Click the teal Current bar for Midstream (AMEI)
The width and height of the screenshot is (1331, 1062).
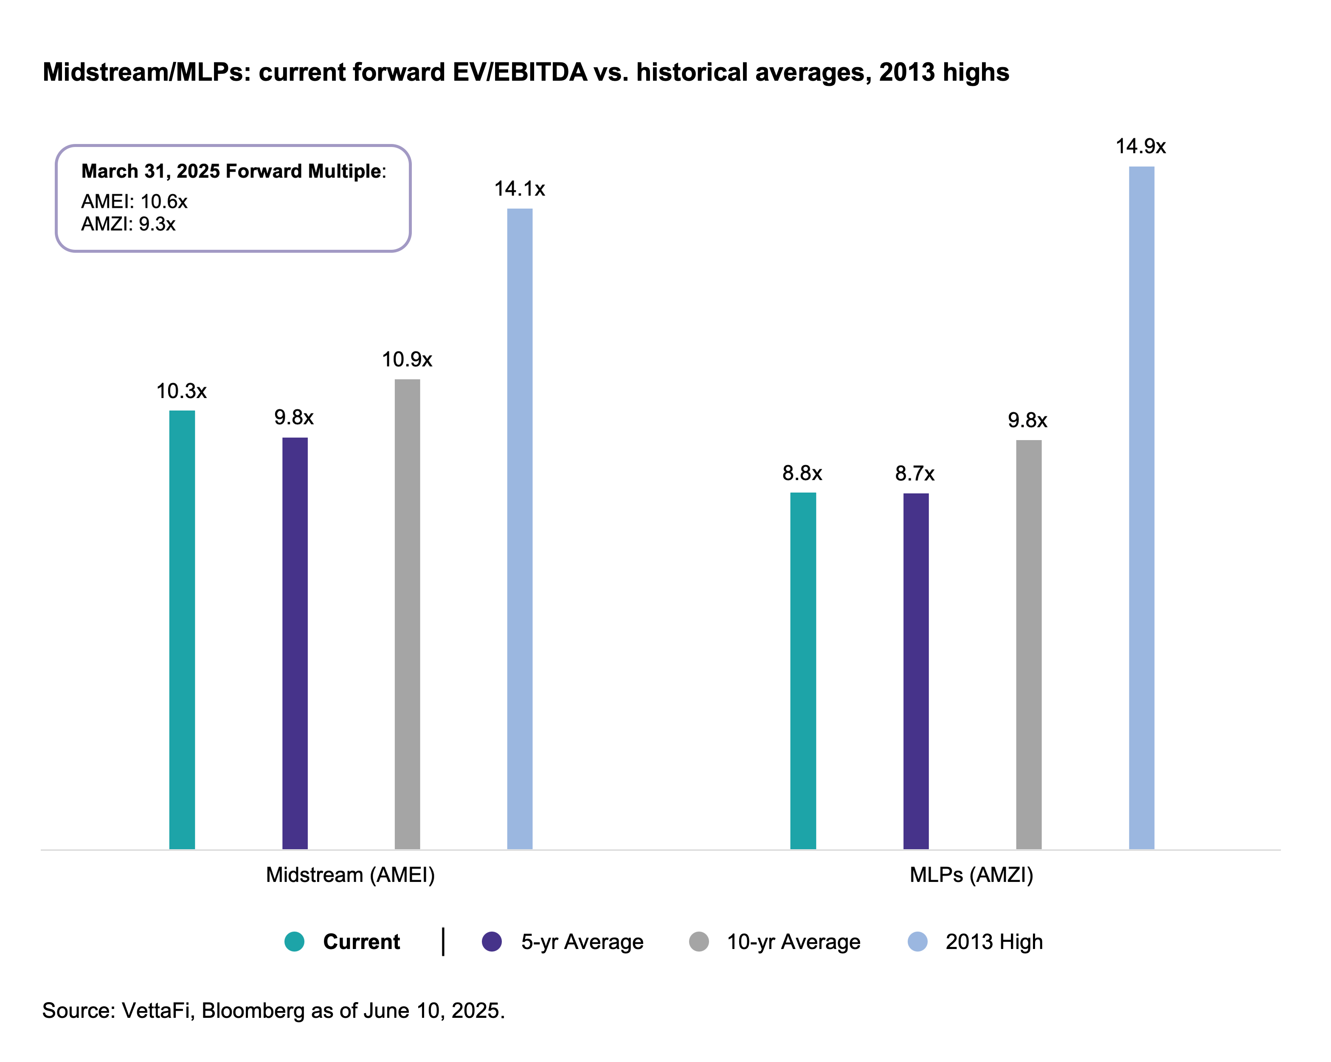[x=182, y=630]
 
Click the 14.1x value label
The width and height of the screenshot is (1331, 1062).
[x=520, y=189]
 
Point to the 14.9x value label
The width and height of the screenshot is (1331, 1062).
[x=1141, y=147]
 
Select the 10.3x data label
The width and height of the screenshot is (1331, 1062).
[x=182, y=392]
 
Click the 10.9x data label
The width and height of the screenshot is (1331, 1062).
[x=407, y=359]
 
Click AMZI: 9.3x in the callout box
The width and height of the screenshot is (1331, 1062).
[x=128, y=224]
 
